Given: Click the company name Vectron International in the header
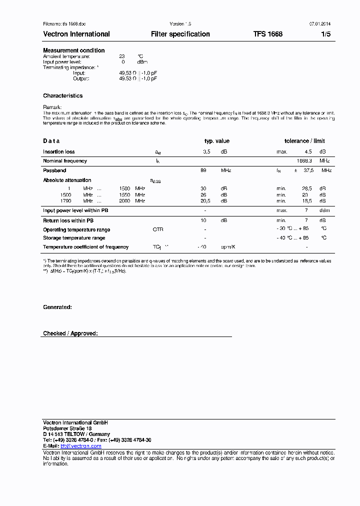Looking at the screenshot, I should pyautogui.click(x=76, y=34).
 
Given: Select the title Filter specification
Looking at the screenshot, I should pyautogui.click(x=180, y=34).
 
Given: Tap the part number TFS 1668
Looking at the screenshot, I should pyautogui.click(x=267, y=34).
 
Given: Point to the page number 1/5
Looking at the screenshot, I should pyautogui.click(x=325, y=34).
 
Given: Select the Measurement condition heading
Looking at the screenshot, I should pyautogui.click(x=74, y=50).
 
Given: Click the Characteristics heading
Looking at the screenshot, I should pyautogui.click(x=63, y=95).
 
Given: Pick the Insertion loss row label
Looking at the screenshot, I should pyautogui.click(x=59, y=151).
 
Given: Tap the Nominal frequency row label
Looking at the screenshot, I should pyautogui.click(x=65, y=161).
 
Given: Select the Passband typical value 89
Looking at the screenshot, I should pyautogui.click(x=203, y=170).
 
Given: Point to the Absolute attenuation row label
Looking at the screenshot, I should pyautogui.click(x=67, y=180).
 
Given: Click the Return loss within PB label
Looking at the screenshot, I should pyautogui.click(x=66, y=220).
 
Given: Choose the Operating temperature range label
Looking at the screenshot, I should pyautogui.click(x=76, y=230).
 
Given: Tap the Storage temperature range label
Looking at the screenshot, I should pyautogui.click(x=74, y=238).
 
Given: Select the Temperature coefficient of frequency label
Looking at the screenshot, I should pyautogui.click(x=85, y=247).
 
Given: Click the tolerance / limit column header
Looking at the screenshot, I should pyautogui.click(x=304, y=141).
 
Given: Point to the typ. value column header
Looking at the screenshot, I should pyautogui.click(x=217, y=141).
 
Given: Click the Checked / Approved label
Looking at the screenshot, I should pyautogui.click(x=70, y=333).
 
